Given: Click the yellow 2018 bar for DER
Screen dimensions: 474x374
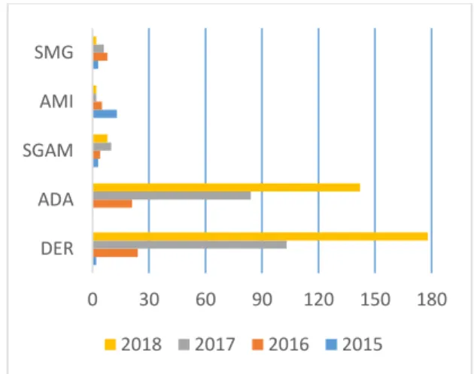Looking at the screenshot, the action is pyautogui.click(x=260, y=237).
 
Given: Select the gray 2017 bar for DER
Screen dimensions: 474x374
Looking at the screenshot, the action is pyautogui.click(x=190, y=245).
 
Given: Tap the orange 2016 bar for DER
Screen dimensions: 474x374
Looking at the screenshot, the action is pyautogui.click(x=115, y=253).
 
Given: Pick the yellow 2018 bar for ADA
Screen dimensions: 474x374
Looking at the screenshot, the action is pyautogui.click(x=226, y=188).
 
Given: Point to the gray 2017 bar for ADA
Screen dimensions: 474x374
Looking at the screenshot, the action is pyautogui.click(x=172, y=195).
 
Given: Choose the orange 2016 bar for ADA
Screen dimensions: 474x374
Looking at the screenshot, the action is pyautogui.click(x=112, y=204).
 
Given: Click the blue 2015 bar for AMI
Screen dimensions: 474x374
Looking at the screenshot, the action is pyautogui.click(x=105, y=114).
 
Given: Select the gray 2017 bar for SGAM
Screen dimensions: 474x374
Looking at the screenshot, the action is pyautogui.click(x=102, y=146).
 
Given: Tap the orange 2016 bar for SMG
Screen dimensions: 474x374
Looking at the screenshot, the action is pyautogui.click(x=100, y=57).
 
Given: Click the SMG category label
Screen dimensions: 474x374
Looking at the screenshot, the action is pyautogui.click(x=54, y=53).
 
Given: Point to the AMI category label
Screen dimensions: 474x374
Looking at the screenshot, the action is pyautogui.click(x=56, y=101).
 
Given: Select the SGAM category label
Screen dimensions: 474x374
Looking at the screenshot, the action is pyautogui.click(x=48, y=150).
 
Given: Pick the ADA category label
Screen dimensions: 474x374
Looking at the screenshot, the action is pyautogui.click(x=56, y=200).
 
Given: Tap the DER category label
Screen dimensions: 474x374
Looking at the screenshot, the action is pyautogui.click(x=57, y=249).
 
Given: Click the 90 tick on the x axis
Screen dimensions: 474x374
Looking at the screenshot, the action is pyautogui.click(x=262, y=300).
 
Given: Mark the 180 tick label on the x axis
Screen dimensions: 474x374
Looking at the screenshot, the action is pyautogui.click(x=432, y=300).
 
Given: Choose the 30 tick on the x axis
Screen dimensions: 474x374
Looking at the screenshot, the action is pyautogui.click(x=149, y=300).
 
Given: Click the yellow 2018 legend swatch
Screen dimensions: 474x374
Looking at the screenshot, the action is pyautogui.click(x=110, y=345).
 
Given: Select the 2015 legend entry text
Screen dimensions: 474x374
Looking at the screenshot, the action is pyautogui.click(x=363, y=345).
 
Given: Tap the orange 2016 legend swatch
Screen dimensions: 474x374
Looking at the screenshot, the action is pyautogui.click(x=257, y=345).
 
